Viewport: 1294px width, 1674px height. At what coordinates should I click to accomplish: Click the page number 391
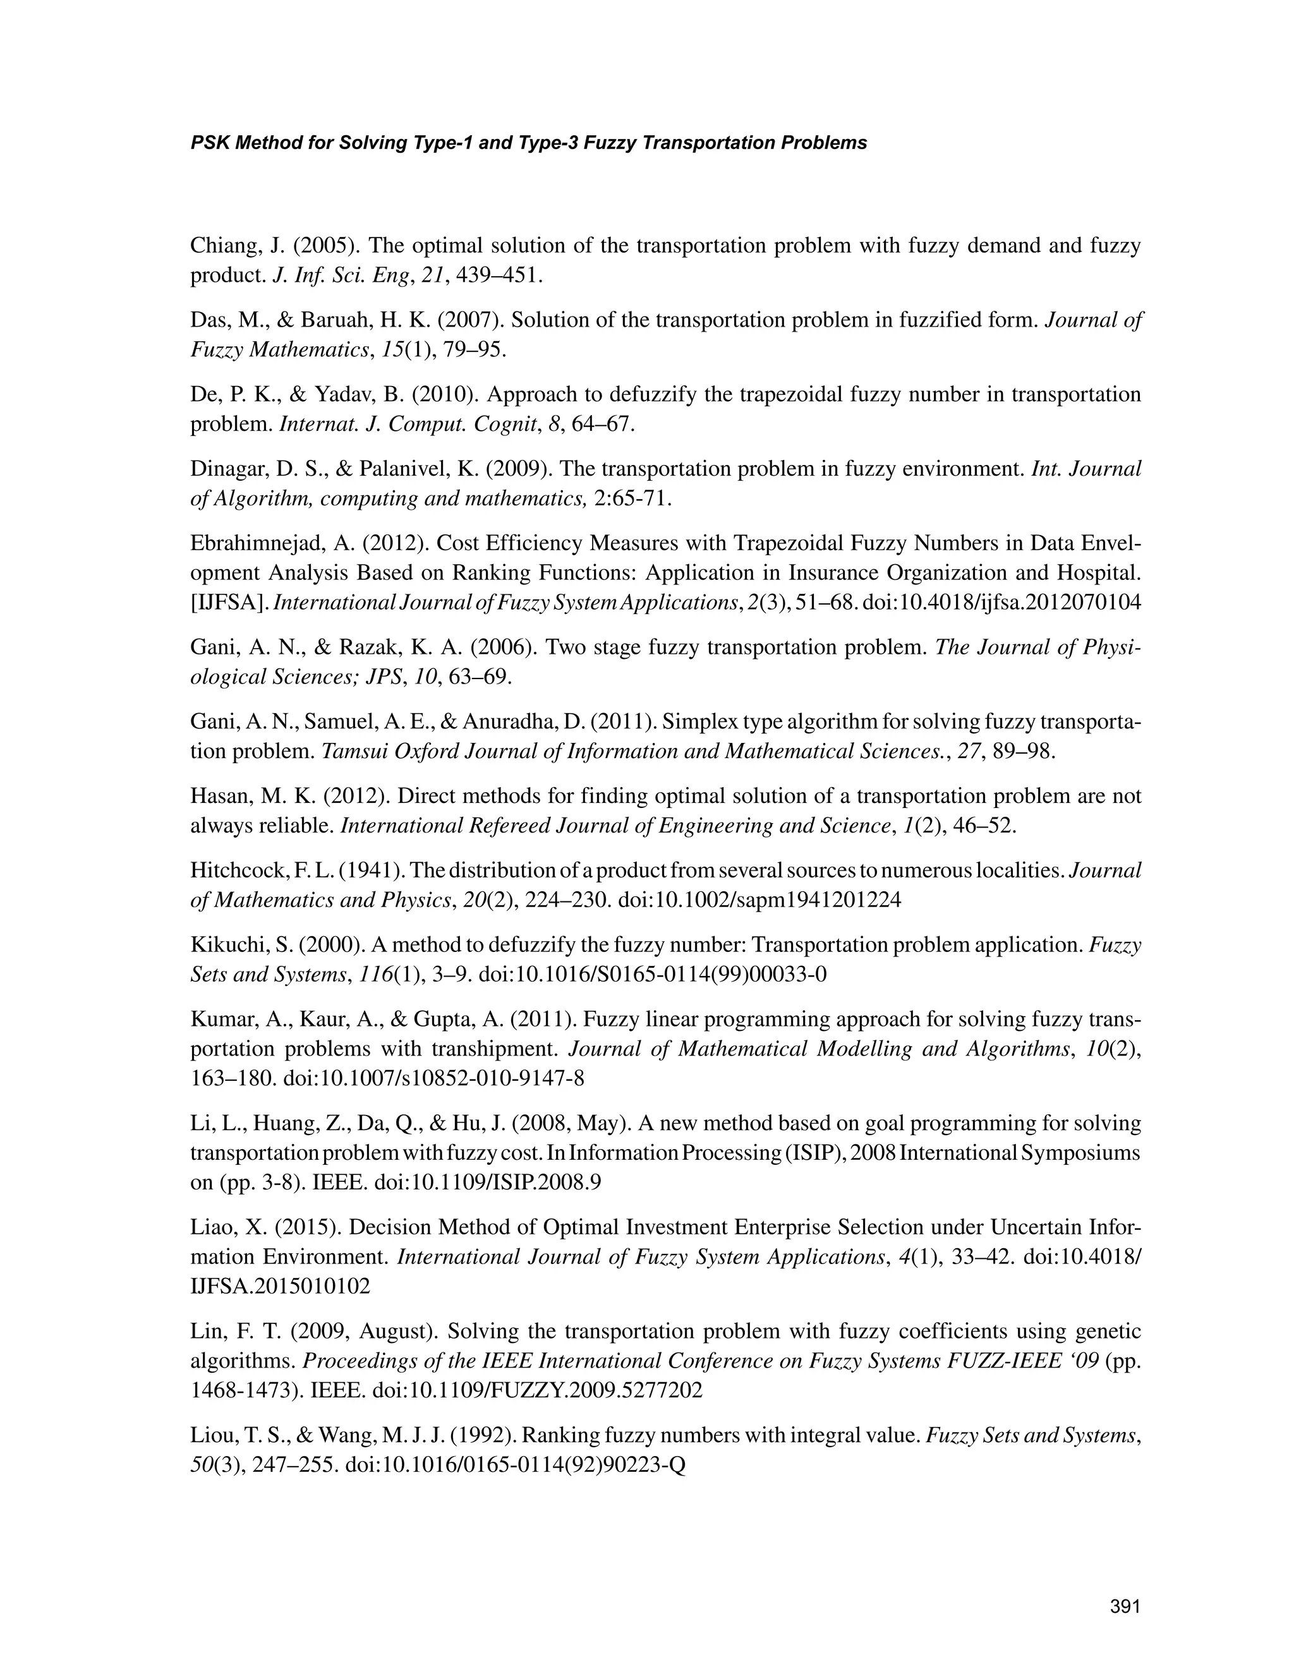tap(1125, 1606)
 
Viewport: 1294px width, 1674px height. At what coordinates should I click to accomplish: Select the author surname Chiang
tap(222, 245)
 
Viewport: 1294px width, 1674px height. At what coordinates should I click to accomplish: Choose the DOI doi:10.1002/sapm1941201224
tap(759, 900)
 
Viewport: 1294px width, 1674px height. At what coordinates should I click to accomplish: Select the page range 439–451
tap(499, 275)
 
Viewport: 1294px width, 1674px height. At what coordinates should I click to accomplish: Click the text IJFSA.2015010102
tap(280, 1286)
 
